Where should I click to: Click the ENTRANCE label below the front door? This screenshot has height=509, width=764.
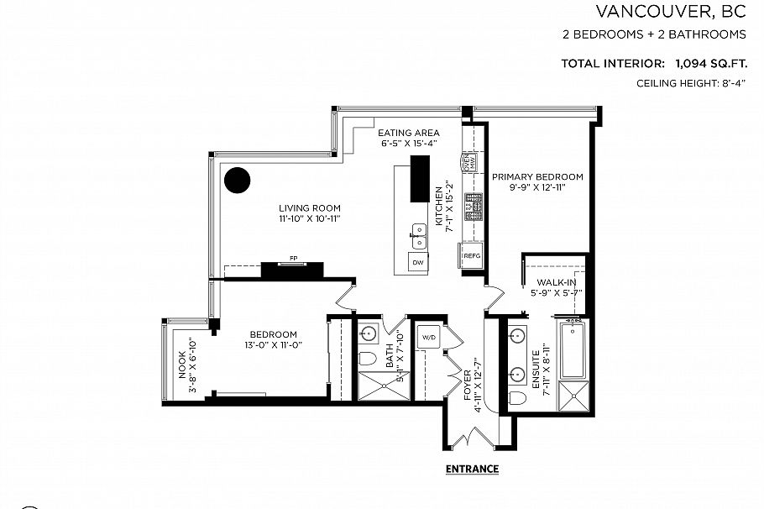click(472, 469)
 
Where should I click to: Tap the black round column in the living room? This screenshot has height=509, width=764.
click(238, 180)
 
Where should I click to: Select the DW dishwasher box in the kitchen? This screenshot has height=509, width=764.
click(417, 263)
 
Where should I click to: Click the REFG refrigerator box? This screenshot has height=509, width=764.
click(472, 255)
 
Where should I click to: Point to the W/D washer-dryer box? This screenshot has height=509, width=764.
click(428, 337)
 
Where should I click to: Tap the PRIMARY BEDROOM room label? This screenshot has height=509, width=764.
click(537, 176)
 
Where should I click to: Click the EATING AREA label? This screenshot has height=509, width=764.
click(409, 133)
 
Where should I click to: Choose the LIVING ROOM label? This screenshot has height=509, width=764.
click(311, 208)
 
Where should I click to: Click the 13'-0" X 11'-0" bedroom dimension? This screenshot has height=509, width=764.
click(273, 344)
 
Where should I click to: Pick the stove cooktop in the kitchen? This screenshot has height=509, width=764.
click(474, 202)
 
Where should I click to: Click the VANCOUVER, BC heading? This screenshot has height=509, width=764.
click(671, 12)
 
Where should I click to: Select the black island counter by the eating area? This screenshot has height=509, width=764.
click(417, 178)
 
